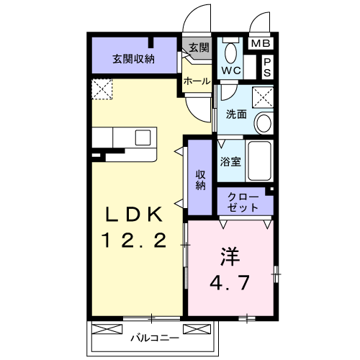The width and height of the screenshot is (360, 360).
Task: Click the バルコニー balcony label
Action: (x=153, y=336)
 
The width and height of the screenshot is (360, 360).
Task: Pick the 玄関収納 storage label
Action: (x=132, y=59)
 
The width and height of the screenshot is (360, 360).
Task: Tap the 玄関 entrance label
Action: (x=199, y=48)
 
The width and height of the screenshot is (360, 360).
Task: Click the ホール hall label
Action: (x=196, y=81)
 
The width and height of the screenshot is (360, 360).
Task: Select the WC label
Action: (x=230, y=71)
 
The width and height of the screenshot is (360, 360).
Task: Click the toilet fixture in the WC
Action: (x=231, y=52)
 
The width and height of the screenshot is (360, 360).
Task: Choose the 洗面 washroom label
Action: (x=236, y=114)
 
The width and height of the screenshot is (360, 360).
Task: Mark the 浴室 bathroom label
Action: (x=231, y=161)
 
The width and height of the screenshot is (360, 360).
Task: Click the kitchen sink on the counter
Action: (x=143, y=136)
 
